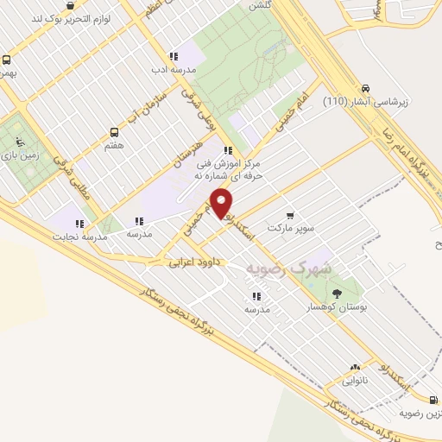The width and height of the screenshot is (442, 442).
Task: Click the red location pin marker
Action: coord(222,204)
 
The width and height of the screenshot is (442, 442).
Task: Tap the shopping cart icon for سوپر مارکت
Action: coord(289,216)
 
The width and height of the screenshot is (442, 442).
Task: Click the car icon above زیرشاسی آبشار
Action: coord(366,88)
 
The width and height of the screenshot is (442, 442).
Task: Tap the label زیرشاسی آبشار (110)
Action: coord(363,102)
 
